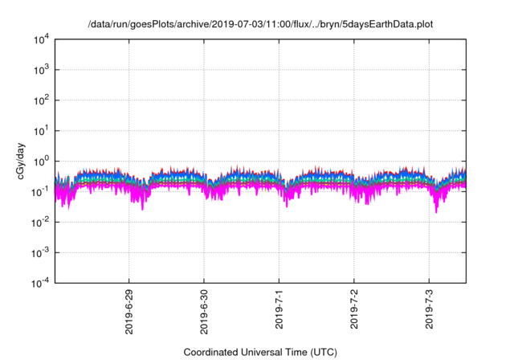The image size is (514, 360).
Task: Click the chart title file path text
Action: pyautogui.click(x=260, y=24)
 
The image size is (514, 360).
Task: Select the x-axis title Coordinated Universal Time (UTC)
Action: pyautogui.click(x=260, y=352)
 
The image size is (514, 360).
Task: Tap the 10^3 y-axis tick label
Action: pyautogui.click(x=42, y=70)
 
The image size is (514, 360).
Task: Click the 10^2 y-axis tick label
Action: pyautogui.click(x=42, y=100)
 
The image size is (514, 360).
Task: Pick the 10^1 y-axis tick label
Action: pyautogui.click(x=42, y=130)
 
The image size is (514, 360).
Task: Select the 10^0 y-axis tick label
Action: pyautogui.click(x=42, y=161)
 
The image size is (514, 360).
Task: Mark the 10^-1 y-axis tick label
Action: pyautogui.click(x=41, y=191)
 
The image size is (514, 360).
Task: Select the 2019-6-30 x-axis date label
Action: pyautogui.click(x=204, y=309)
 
